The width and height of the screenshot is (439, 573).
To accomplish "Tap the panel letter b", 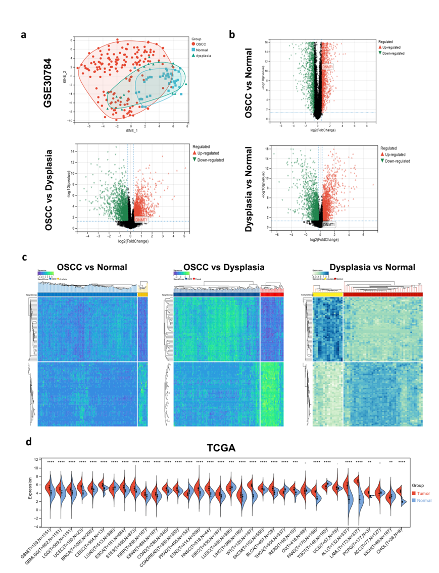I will click(x=232, y=35).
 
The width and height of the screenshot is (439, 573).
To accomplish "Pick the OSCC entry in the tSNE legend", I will click(x=202, y=44).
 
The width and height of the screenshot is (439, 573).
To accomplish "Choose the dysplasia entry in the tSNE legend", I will click(x=205, y=56).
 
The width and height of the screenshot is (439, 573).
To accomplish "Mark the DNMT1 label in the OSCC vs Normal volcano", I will click(x=328, y=67).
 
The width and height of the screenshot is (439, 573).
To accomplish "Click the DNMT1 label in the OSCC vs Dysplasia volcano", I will click(x=142, y=221).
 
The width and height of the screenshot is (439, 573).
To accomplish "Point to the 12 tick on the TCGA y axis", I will click(x=36, y=460).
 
